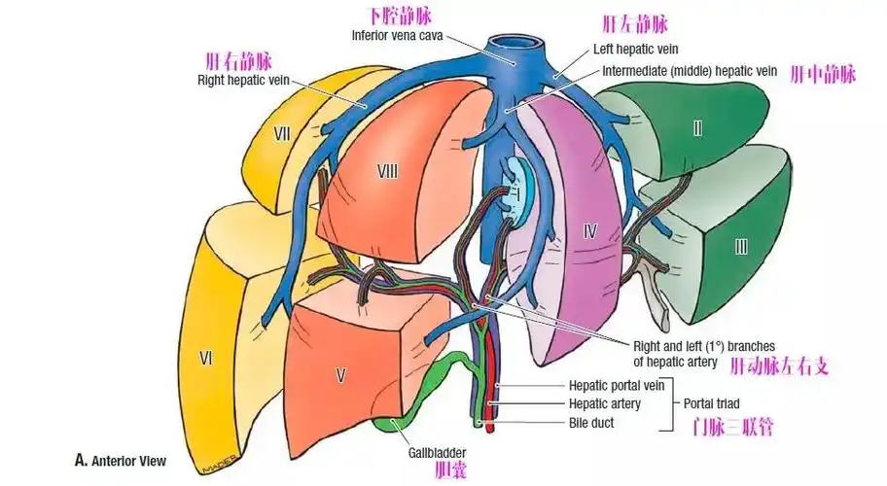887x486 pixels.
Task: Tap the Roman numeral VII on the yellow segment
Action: [283, 134]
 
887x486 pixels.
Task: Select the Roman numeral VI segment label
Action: [206, 359]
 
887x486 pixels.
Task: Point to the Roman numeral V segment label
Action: [340, 375]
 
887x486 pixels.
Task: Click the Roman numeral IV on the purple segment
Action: [588, 230]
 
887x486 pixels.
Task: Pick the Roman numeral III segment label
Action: [741, 247]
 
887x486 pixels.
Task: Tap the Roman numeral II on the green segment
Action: [696, 128]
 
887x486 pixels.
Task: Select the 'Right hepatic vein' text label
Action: [239, 81]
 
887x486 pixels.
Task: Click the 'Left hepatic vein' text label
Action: [635, 49]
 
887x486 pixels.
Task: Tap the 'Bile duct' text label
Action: [591, 423]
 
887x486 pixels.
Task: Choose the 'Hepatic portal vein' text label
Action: [616, 386]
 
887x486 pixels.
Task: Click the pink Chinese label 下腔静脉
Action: [399, 16]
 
